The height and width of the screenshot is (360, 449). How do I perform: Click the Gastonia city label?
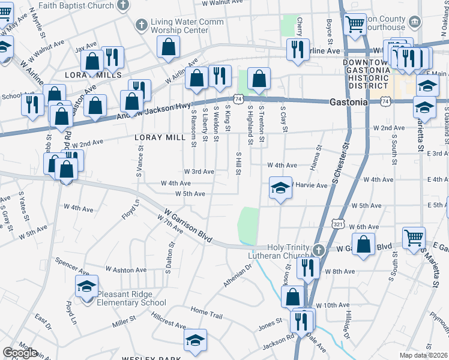[349, 102]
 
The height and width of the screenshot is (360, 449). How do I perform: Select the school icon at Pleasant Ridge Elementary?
[86, 286]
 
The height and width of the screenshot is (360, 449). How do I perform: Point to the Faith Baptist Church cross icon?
[123, 6]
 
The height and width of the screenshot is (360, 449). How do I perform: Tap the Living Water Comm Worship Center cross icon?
[141, 25]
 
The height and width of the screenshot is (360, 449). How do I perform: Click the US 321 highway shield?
[338, 224]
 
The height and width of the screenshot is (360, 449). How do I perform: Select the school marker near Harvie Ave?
[280, 188]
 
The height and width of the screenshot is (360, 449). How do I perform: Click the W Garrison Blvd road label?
[187, 225]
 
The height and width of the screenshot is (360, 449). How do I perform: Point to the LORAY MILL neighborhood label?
[160, 137]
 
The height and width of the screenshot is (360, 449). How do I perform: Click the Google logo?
[20, 353]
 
